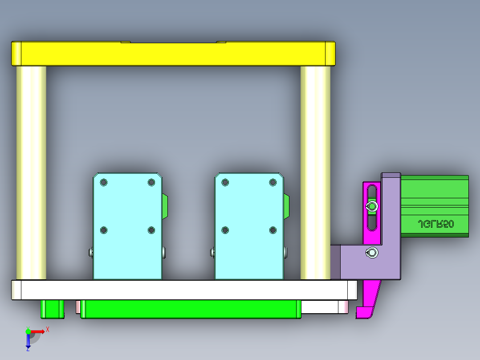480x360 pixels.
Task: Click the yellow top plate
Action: [173, 54]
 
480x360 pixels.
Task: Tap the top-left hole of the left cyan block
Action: [104, 182]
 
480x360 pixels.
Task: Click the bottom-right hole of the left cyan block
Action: [151, 230]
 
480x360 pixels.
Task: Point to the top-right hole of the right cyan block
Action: [273, 182]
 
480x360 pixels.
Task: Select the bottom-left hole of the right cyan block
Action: [225, 230]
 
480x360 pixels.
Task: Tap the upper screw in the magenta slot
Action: [371, 206]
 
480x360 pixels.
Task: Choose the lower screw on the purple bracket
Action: [371, 253]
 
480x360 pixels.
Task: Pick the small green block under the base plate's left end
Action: [52, 309]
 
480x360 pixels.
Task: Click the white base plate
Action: [183, 290]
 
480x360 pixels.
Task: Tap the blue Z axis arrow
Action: [28, 342]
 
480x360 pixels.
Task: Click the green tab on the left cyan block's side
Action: [165, 206]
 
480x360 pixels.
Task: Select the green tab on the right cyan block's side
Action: [286, 206]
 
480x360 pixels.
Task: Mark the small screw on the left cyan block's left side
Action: [90, 253]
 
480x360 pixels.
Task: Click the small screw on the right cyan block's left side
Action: [212, 253]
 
